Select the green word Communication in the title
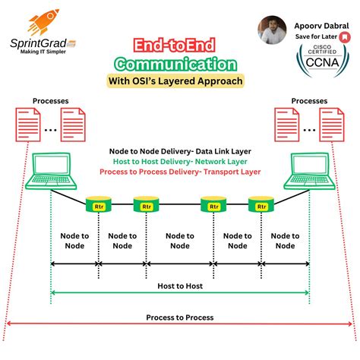click(181, 64)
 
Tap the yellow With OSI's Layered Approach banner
click(181, 81)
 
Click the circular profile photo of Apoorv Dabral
click(271, 30)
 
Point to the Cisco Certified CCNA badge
click(322, 68)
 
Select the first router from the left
click(98, 205)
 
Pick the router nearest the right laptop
click(261, 205)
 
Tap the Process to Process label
click(179, 317)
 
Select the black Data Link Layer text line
click(179, 151)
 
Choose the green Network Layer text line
click(179, 162)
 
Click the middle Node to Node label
click(179, 240)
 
